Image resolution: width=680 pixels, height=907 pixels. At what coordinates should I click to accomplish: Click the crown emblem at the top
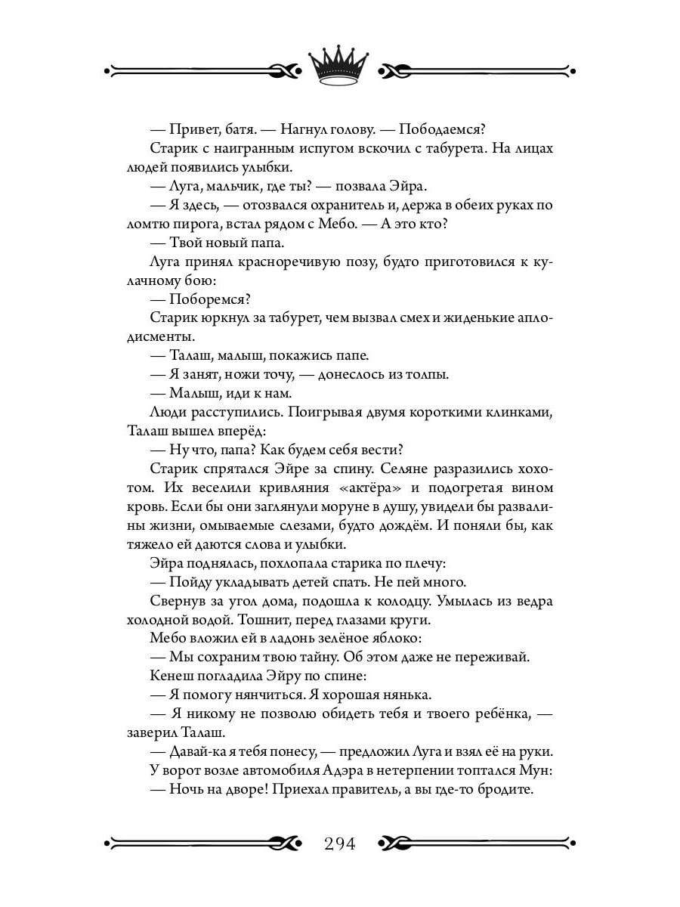339,66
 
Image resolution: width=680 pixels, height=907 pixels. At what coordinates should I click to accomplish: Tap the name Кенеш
172,677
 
